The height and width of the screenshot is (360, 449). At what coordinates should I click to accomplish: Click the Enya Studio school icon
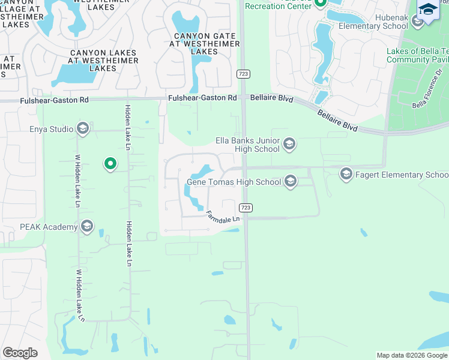tap(83, 129)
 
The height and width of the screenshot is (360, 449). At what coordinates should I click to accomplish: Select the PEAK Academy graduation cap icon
tap(86, 227)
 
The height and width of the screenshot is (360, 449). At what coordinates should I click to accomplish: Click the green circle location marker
tap(110, 163)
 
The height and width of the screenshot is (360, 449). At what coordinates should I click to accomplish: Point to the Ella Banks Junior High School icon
tap(289, 144)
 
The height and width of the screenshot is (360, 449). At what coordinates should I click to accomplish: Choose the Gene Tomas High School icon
tap(291, 181)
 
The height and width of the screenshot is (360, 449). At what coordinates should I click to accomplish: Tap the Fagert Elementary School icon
tap(346, 175)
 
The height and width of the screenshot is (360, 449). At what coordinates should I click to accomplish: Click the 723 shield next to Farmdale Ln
tap(245, 208)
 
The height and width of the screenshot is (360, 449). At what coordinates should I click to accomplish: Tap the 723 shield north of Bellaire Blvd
tap(244, 74)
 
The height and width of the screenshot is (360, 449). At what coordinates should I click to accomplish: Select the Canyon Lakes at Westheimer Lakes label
tap(103, 61)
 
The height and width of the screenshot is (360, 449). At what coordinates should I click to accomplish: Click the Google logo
tap(20, 353)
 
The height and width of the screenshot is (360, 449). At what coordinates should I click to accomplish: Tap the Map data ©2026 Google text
tap(412, 355)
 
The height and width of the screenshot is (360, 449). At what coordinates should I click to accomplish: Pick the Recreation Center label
tap(279, 6)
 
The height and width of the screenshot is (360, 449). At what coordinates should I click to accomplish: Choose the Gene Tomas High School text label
tap(234, 182)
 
